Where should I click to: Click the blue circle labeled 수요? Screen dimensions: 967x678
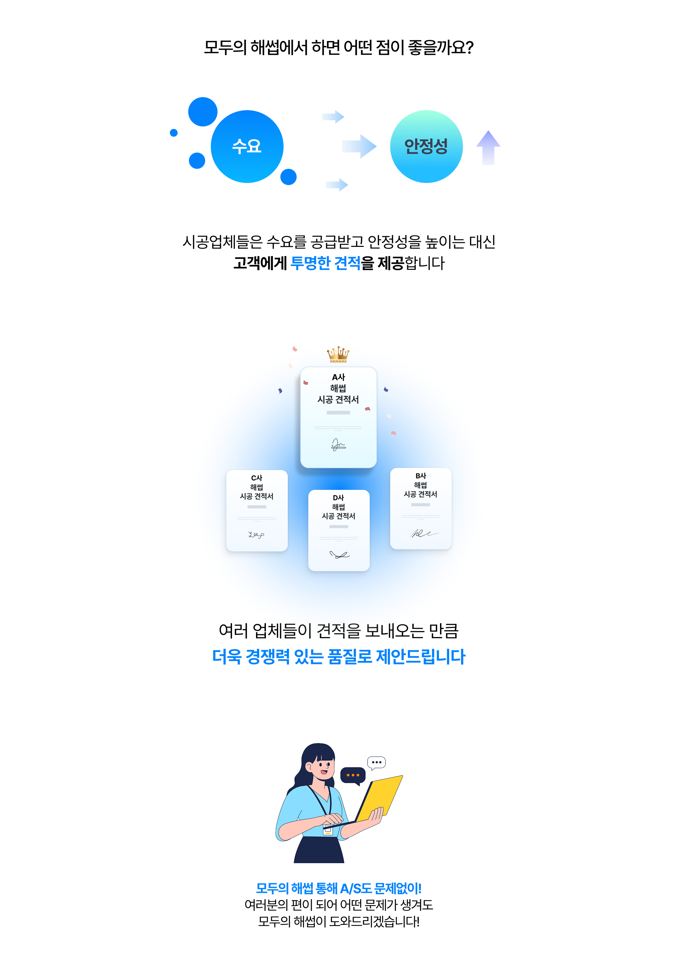tap(247, 147)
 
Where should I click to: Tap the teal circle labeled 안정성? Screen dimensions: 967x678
tap(426, 147)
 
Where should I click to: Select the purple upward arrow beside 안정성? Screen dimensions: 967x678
tap(488, 147)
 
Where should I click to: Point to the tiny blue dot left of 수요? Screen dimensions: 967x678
tap(173, 133)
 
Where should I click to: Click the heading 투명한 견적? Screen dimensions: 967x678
tap(326, 263)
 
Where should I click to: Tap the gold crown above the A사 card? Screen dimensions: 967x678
tap(338, 354)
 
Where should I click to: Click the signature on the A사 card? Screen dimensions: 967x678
tap(338, 445)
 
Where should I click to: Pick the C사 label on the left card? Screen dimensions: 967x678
tap(256, 478)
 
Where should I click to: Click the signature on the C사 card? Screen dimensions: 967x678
tap(256, 535)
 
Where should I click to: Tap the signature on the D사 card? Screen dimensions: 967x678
tap(339, 555)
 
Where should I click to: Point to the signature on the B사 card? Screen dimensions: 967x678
tap(424, 534)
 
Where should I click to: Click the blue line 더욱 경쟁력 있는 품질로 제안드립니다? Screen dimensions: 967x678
tap(339, 657)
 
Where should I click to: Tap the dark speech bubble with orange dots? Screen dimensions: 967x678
tap(353, 775)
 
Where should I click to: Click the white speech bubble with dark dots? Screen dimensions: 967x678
tap(376, 762)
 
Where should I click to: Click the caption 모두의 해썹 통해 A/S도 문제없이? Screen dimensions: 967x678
tap(339, 889)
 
